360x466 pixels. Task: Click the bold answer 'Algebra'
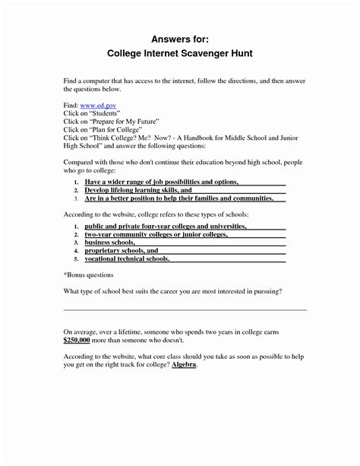(183, 365)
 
